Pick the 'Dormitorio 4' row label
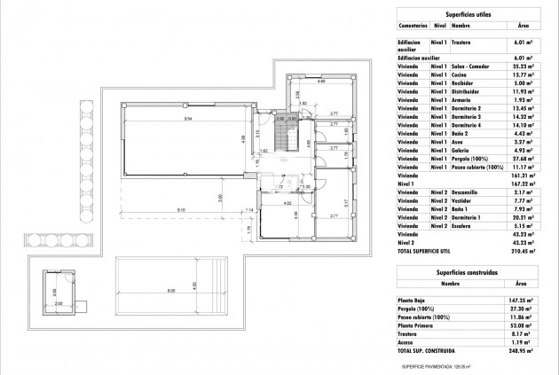click(467, 124)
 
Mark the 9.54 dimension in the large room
click(189, 118)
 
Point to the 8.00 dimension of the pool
click(169, 291)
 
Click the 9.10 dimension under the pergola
click(181, 208)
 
